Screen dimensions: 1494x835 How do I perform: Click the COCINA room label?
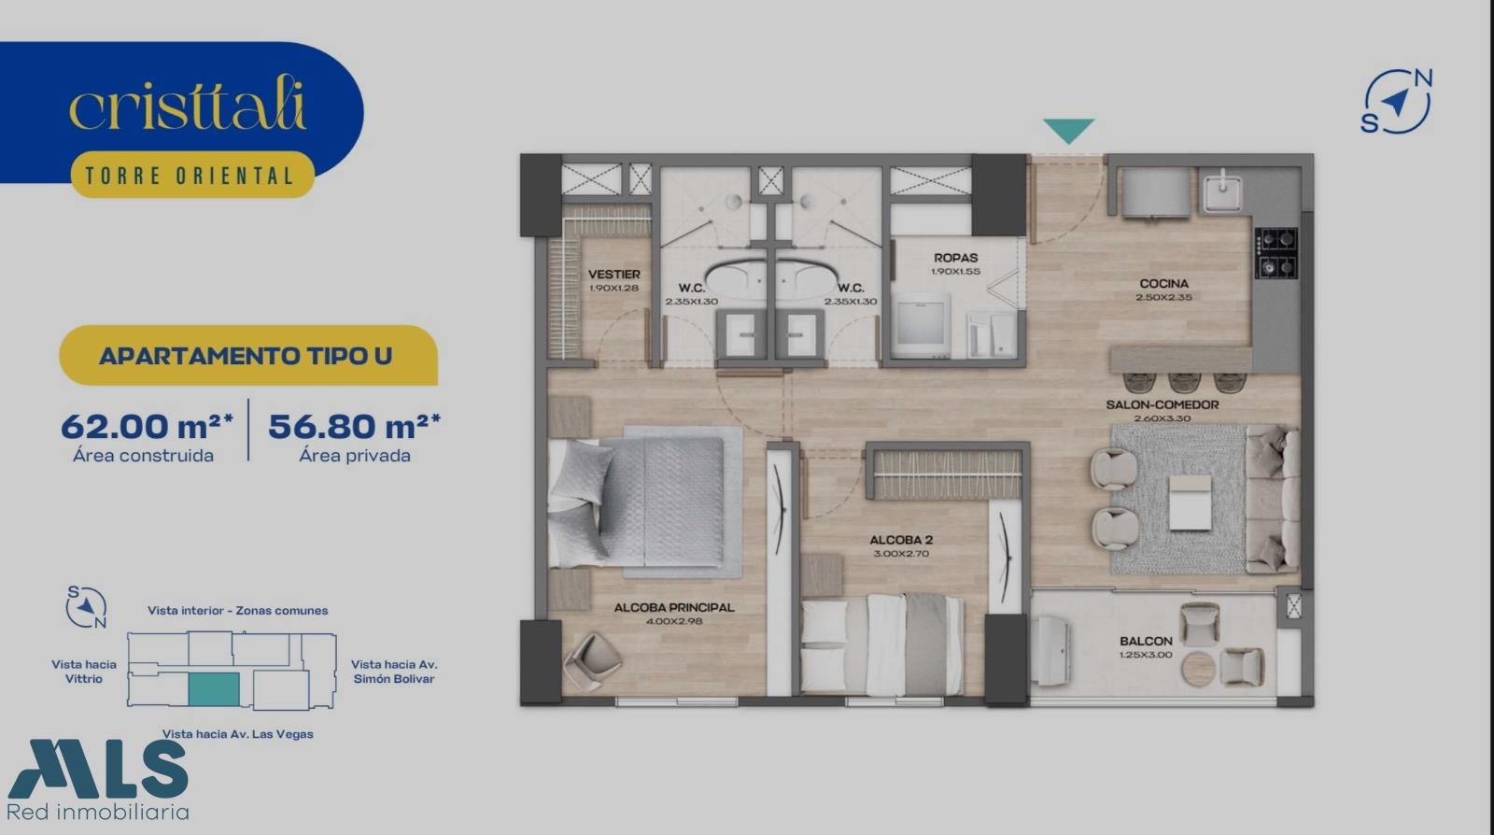point(1163,283)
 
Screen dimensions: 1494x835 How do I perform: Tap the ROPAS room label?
point(956,258)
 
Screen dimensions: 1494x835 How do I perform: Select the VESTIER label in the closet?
point(614,274)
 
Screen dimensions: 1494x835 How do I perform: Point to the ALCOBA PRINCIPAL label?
point(673,608)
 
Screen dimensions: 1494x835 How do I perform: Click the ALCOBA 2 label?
point(901,540)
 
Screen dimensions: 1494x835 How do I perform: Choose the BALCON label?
point(1146,641)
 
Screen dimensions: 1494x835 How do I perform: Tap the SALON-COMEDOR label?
point(1163,404)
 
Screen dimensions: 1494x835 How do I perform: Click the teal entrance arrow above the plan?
point(1068,131)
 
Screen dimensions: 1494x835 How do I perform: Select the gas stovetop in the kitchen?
point(1276,253)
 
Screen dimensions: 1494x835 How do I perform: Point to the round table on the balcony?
point(1198,669)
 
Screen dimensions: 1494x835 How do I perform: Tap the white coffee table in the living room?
point(1191,502)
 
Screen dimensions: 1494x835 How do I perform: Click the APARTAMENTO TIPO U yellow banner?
point(248,356)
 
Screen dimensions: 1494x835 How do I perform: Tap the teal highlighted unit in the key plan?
point(214,689)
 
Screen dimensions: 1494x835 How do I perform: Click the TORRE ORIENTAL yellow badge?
point(192,175)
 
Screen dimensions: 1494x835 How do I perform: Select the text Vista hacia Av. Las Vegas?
point(237,734)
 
